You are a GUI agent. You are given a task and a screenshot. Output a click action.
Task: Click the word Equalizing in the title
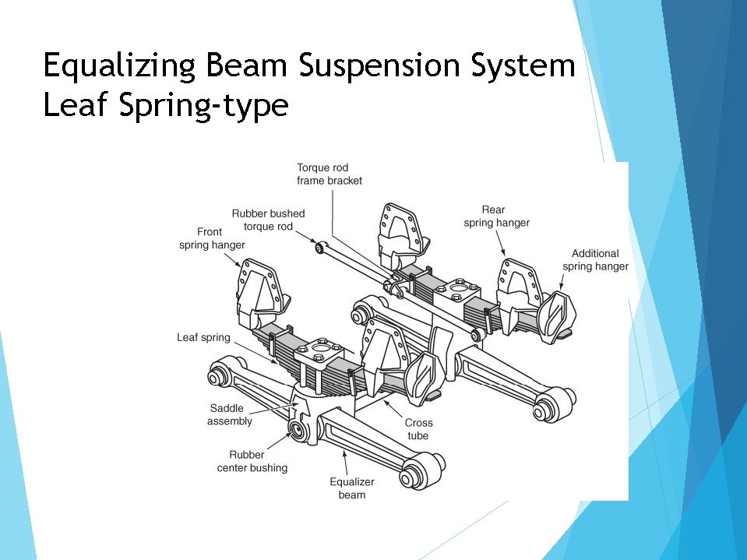119,67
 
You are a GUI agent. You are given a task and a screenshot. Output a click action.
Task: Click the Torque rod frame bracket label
329,174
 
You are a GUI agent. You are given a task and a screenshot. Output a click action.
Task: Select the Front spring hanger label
212,238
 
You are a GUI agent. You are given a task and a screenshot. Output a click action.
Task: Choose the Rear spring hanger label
496,216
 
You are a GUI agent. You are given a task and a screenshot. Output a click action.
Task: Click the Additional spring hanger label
596,260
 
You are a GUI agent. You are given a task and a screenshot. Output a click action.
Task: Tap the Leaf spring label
203,337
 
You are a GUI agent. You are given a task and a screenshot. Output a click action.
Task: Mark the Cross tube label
418,429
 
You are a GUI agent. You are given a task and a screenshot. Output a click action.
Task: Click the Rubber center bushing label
252,461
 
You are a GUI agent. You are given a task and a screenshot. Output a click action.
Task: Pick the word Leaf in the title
76,106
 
